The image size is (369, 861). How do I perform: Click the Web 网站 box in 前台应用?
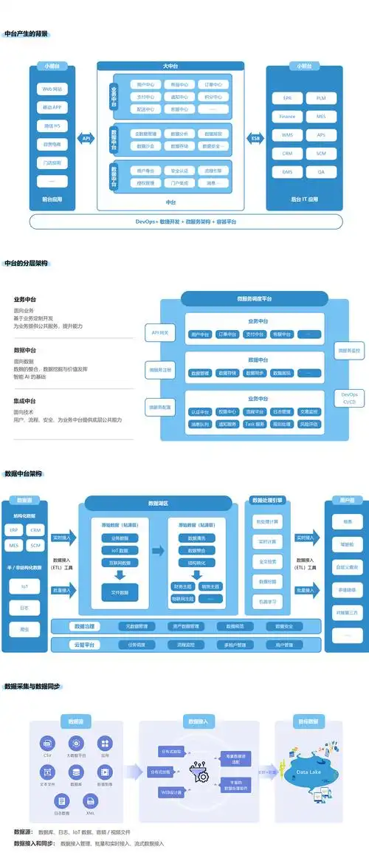coord(52,89)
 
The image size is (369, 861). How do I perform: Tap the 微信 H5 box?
coord(52,126)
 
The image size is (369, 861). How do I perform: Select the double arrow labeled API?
coord(86,138)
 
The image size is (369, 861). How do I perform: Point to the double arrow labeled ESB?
coord(256,138)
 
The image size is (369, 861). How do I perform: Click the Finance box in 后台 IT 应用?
coord(287,117)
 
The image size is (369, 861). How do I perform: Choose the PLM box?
coord(321,98)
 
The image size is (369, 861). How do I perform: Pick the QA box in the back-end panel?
coord(321,172)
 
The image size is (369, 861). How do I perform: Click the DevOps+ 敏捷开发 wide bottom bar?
coord(186,222)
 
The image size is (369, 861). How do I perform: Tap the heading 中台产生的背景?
coord(27,34)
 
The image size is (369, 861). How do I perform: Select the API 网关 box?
coord(160,333)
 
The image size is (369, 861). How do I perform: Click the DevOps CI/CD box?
coord(350,398)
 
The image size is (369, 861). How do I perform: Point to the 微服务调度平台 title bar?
coord(254,299)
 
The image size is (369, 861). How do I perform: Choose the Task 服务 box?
coord(255,425)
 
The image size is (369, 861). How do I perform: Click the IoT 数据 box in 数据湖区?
coord(120,550)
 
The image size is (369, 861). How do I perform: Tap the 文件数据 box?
coord(120,592)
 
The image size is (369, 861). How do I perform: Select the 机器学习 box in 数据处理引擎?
coord(268,602)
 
